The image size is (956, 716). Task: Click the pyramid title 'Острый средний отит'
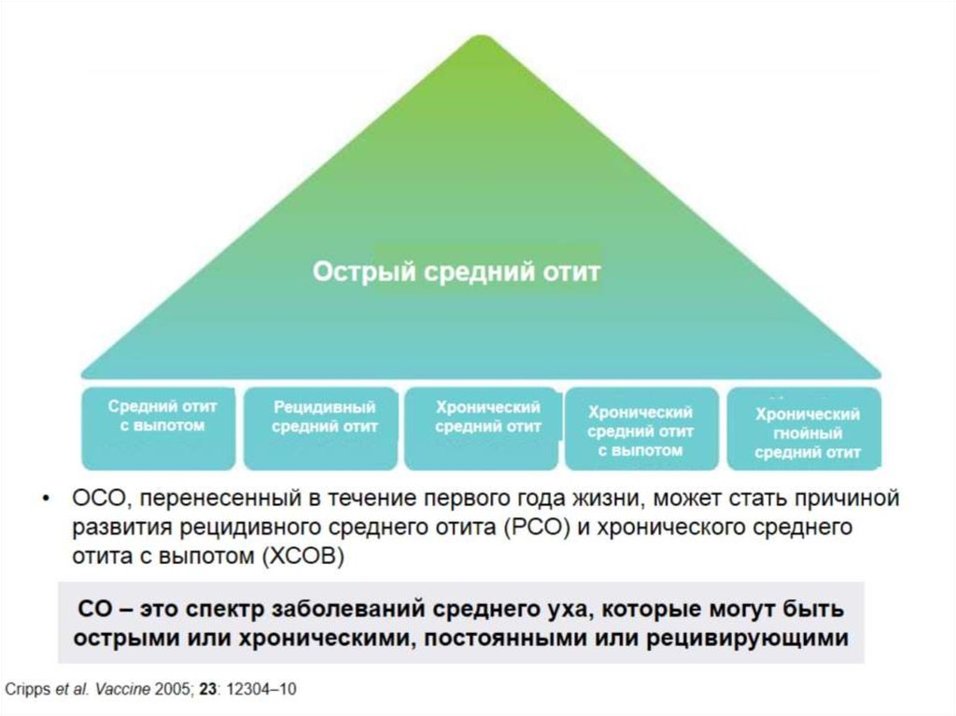pyautogui.click(x=457, y=272)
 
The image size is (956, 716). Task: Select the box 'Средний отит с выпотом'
pyautogui.click(x=159, y=428)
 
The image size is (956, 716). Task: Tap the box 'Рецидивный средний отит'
pyautogui.click(x=321, y=428)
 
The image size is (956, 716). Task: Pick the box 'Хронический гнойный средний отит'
pyautogui.click(x=804, y=428)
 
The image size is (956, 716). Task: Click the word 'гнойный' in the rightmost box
pyautogui.click(x=808, y=434)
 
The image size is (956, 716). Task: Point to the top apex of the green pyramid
pyautogui.click(x=482, y=35)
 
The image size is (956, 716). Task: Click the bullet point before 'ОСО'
pyautogui.click(x=46, y=498)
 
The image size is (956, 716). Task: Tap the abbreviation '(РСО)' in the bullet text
pyautogui.click(x=537, y=526)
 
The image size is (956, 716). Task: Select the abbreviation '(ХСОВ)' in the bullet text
pyautogui.click(x=303, y=556)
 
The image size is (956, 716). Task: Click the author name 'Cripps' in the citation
pyautogui.click(x=28, y=690)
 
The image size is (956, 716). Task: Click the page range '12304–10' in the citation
pyautogui.click(x=261, y=689)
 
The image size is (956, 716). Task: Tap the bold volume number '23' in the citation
pyautogui.click(x=208, y=689)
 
